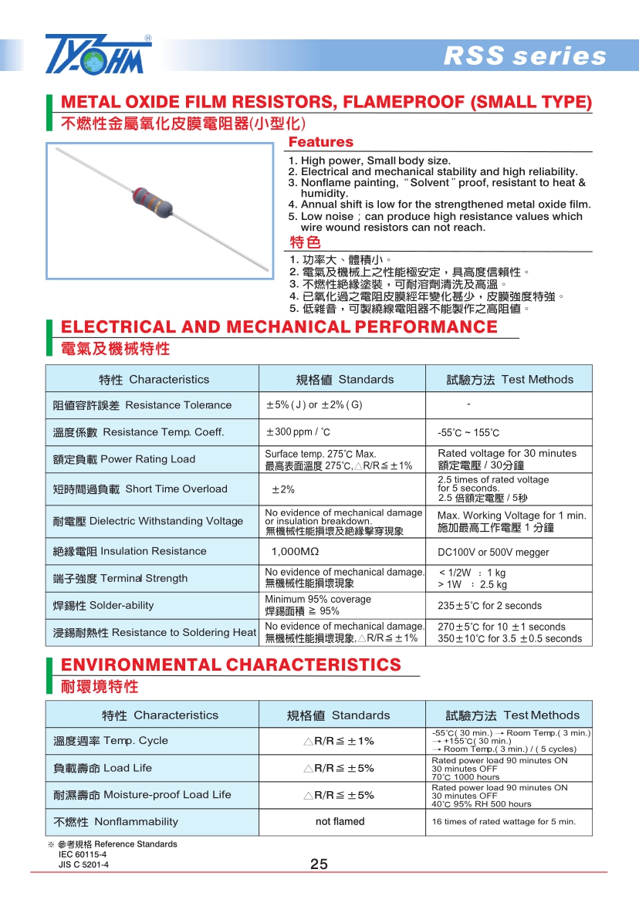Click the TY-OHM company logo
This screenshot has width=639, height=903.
coord(98,54)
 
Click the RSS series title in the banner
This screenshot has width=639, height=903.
coord(525,56)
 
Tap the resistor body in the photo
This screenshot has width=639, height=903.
coord(151,199)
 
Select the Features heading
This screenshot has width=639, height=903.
coord(320,142)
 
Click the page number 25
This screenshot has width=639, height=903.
coord(319,864)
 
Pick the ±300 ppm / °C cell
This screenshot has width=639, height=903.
coord(298,432)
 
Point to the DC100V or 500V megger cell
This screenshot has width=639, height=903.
coord(493,553)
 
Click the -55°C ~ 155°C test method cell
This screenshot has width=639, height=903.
coord(468,433)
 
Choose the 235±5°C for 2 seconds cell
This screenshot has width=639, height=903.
coord(489,606)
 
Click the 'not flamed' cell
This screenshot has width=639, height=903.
coord(340,822)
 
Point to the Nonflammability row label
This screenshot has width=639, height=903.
coord(115,822)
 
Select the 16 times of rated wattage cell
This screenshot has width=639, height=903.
coord(503,822)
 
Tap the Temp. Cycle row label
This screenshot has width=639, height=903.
coord(110,741)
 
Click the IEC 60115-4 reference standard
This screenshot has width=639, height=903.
coord(83,854)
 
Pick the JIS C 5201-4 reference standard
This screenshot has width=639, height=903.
coord(83,865)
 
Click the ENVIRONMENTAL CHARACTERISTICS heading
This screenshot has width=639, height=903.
coord(231,665)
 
